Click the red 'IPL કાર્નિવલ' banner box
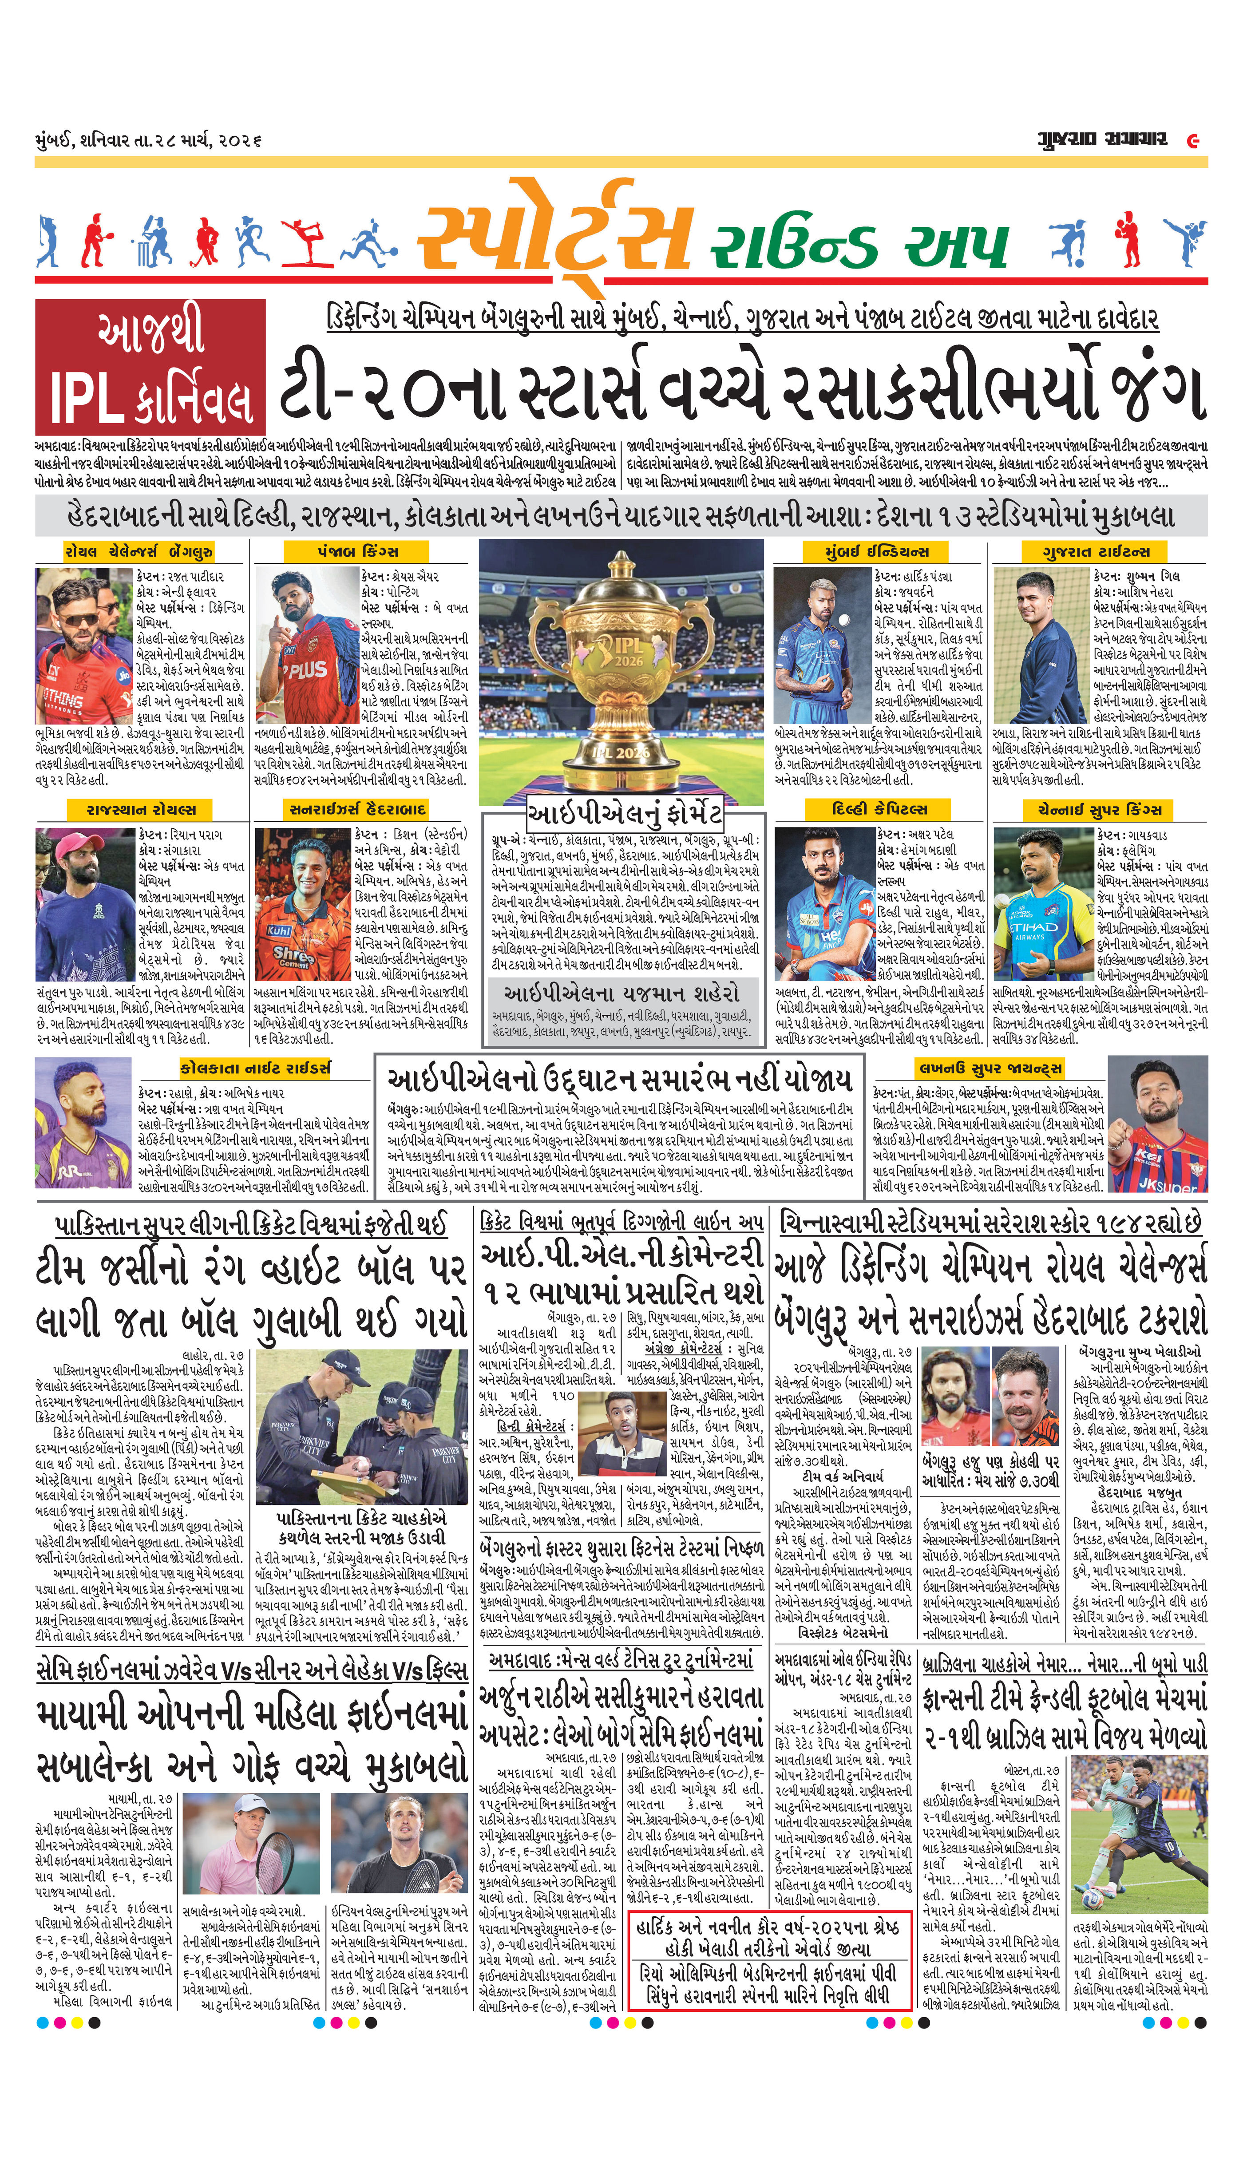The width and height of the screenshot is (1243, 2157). pos(150,365)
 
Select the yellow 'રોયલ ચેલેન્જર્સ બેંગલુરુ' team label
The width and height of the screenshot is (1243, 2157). pos(139,551)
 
